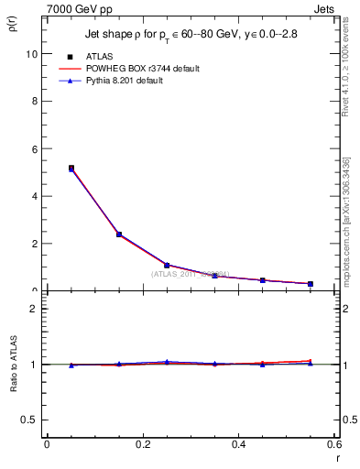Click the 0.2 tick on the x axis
(143, 445)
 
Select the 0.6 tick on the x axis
(334, 445)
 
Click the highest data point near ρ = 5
(71, 169)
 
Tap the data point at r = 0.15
(119, 234)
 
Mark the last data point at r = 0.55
(311, 284)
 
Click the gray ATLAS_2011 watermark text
(191, 274)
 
